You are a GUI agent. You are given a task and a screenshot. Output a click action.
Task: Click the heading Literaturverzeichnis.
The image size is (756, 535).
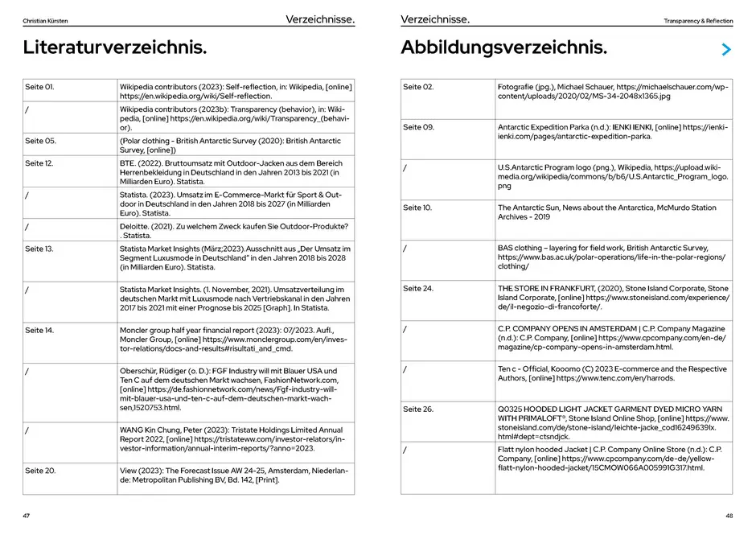tap(114, 48)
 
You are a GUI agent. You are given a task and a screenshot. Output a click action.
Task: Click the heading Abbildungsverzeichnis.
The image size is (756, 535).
tap(503, 48)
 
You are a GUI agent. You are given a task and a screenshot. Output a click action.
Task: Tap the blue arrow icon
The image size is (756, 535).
tap(726, 50)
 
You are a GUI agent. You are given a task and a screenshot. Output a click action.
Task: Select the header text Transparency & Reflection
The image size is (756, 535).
tap(698, 20)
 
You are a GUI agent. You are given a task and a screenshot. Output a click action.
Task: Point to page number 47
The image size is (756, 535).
tap(27, 516)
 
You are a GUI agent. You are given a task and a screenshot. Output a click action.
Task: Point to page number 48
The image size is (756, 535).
tap(729, 516)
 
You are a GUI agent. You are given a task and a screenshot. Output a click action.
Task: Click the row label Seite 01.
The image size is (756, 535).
tap(39, 86)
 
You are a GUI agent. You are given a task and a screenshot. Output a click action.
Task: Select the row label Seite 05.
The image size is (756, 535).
tap(40, 141)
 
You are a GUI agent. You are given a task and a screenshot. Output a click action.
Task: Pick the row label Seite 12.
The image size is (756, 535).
tap(39, 163)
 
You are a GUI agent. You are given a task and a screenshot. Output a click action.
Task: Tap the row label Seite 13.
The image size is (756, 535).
tap(39, 249)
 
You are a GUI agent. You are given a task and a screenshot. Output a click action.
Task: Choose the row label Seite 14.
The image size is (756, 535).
tap(39, 331)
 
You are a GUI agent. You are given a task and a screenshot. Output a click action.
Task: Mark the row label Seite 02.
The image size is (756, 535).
tap(418, 86)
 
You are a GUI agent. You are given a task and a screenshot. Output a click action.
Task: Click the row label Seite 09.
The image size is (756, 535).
tap(418, 127)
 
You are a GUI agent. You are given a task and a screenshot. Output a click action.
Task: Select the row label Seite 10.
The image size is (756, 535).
tap(417, 208)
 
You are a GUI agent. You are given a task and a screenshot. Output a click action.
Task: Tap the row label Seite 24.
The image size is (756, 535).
tap(418, 288)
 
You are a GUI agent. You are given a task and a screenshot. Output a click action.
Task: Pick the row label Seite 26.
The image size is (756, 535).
tap(418, 409)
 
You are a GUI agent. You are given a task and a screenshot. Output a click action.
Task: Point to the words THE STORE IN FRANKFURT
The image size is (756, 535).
tap(547, 288)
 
